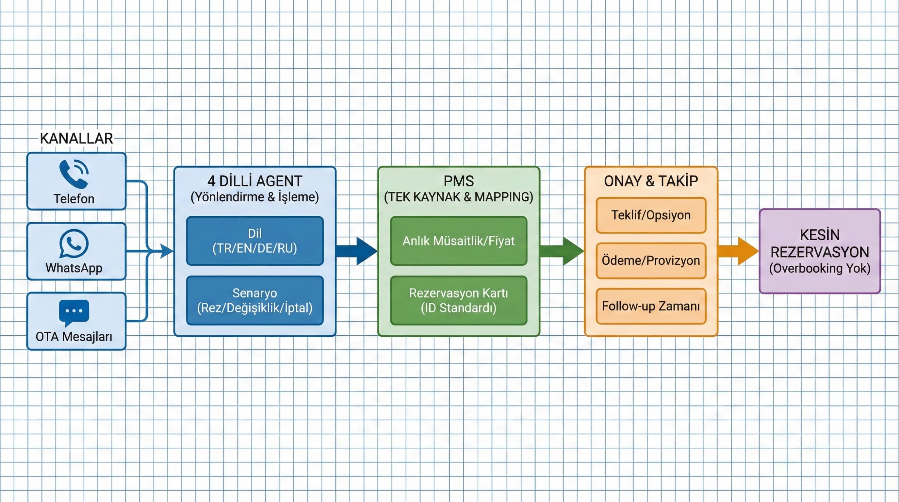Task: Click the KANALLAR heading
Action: pos(76,138)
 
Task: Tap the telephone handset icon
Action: pos(74,174)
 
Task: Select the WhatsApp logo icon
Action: pos(74,243)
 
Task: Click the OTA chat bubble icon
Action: pos(74,312)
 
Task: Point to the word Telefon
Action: pos(74,199)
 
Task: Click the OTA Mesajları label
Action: pos(74,337)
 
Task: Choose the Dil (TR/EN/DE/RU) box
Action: pos(255,241)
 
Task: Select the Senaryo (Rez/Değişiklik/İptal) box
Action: pos(255,301)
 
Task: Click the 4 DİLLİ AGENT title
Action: pos(255,181)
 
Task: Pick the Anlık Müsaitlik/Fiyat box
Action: pos(459,241)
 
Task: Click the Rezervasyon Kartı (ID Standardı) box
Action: pos(459,301)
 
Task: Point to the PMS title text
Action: pos(459,181)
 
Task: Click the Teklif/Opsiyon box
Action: pos(651,215)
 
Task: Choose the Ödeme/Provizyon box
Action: pos(651,260)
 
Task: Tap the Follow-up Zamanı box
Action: pos(651,306)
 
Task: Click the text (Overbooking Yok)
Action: pos(820,268)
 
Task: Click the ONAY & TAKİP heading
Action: pos(651,181)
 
